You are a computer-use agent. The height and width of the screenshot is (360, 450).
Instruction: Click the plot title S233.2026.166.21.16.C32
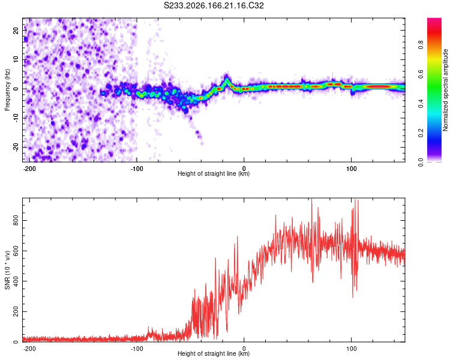click(x=214, y=5)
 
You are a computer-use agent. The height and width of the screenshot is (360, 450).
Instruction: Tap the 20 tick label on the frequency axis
click(x=16, y=30)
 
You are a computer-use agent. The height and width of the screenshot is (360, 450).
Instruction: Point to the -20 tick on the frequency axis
click(x=16, y=147)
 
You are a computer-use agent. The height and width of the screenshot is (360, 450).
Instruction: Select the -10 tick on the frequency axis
click(x=16, y=118)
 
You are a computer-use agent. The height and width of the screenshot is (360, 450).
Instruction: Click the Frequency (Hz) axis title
click(x=7, y=90)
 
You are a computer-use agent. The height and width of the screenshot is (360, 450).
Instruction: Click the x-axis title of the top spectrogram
click(x=214, y=173)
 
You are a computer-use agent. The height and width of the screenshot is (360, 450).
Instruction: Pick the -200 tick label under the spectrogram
click(x=29, y=169)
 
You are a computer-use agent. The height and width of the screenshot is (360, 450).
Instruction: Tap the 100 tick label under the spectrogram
click(x=351, y=169)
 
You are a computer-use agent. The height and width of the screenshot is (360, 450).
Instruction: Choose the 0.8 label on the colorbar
click(x=421, y=45)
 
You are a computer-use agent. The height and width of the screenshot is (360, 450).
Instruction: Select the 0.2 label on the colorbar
click(x=421, y=133)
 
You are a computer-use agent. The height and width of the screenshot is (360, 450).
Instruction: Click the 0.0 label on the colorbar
click(x=421, y=162)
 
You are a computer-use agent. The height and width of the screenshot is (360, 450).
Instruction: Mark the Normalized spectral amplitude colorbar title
click(x=445, y=90)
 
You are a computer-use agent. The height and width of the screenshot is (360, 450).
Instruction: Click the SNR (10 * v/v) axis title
click(x=7, y=270)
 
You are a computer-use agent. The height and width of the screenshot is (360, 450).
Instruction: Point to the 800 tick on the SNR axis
click(x=16, y=220)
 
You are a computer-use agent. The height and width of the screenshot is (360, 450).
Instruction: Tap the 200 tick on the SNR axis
click(x=16, y=311)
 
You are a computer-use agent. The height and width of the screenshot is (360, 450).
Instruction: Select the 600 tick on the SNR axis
click(x=16, y=251)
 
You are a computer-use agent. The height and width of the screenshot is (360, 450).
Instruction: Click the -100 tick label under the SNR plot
click(x=137, y=349)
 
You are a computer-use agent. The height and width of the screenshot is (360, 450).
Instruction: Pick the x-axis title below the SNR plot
click(x=214, y=353)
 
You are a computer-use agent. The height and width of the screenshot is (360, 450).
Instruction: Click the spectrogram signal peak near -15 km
click(x=226, y=77)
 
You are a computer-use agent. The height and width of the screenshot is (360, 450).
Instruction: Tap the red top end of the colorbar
click(x=434, y=19)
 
